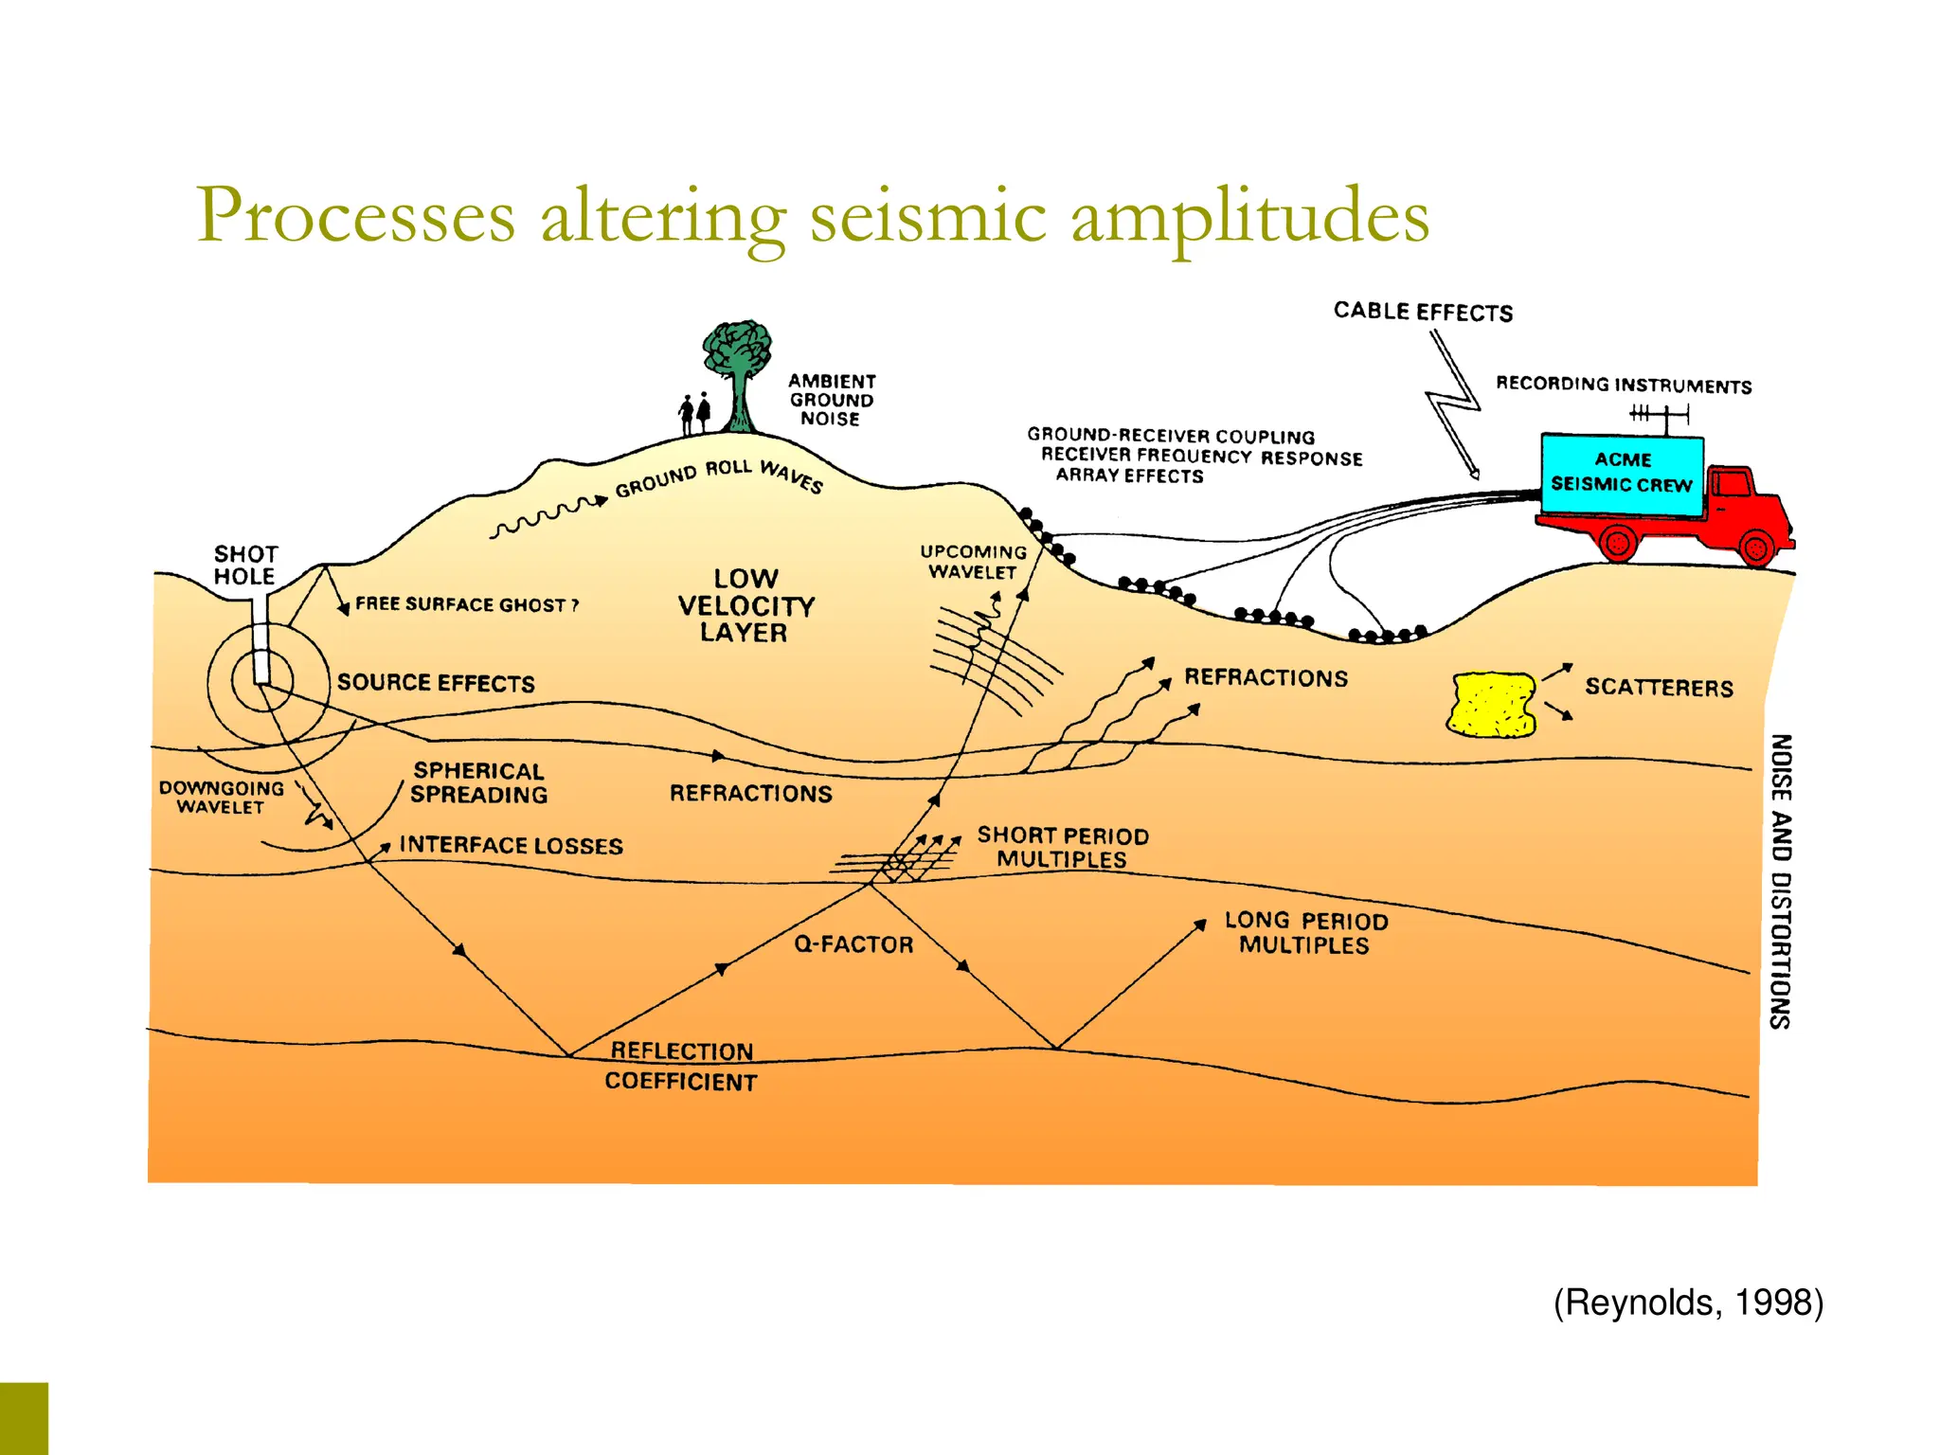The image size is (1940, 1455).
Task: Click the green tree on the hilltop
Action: [x=738, y=365]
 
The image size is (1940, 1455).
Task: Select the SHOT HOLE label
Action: [x=245, y=566]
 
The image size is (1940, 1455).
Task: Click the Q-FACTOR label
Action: [x=853, y=944]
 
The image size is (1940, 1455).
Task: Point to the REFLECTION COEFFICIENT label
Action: [x=681, y=1067]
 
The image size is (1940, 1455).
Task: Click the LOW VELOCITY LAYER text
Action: [x=745, y=605]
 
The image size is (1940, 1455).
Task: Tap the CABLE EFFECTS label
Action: [x=1423, y=312]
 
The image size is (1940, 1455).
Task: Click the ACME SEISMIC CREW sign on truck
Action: [x=1622, y=473]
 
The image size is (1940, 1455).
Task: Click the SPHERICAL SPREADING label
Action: [x=478, y=783]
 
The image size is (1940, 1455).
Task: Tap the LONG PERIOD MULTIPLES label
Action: [x=1305, y=933]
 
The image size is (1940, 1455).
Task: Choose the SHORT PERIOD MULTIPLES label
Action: [x=1063, y=847]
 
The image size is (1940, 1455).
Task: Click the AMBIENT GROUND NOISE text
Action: [x=832, y=400]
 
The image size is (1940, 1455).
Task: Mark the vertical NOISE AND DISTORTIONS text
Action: [x=1781, y=881]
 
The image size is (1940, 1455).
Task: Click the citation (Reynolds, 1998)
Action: [x=1688, y=1302]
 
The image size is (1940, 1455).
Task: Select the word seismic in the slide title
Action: [x=927, y=216]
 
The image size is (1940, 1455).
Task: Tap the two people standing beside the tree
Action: [x=694, y=413]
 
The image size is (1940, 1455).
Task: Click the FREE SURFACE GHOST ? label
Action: [x=466, y=604]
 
